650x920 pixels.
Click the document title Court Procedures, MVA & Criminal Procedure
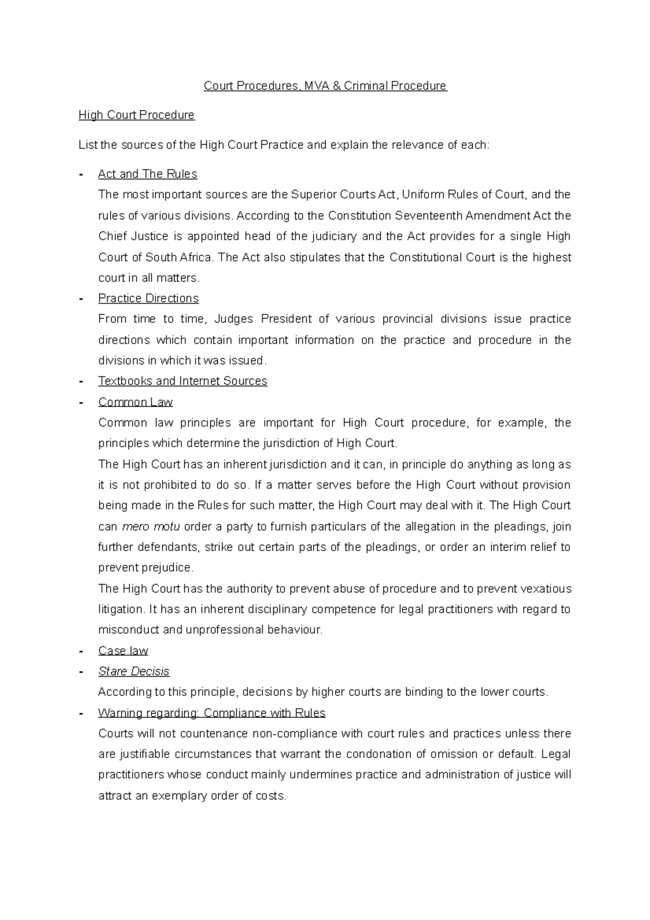(325, 86)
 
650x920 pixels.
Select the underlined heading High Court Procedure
(136, 115)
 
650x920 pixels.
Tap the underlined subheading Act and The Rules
(147, 174)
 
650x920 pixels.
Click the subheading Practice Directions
(148, 299)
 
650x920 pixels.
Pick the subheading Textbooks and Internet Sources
(183, 381)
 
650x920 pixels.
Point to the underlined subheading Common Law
(135, 402)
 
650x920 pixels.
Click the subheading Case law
(123, 651)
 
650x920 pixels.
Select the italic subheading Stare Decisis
(134, 671)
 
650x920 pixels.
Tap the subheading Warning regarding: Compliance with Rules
(212, 713)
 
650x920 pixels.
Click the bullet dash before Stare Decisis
(81, 672)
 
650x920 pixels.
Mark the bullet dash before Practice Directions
(81, 299)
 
